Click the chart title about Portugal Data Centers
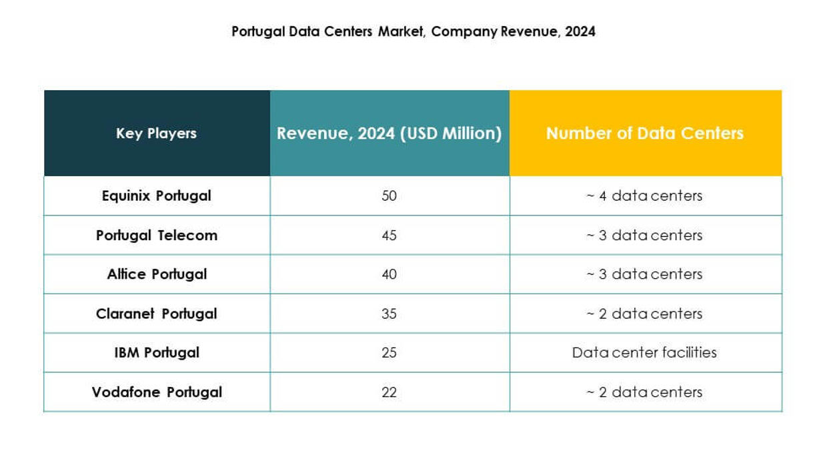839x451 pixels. click(413, 31)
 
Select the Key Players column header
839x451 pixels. click(156, 133)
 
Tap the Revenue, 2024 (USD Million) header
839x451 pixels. click(389, 133)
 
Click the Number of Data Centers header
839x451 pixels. click(645, 133)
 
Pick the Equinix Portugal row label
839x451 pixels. click(156, 196)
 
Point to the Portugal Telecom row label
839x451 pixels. click(156, 236)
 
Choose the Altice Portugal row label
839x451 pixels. click(156, 274)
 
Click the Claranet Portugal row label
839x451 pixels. click(156, 314)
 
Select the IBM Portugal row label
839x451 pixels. click(156, 352)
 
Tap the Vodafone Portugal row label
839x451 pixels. click(156, 392)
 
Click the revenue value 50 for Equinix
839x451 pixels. click(389, 196)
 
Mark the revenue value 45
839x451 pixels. click(389, 236)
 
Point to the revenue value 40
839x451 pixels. click(389, 274)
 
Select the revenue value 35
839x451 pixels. click(389, 314)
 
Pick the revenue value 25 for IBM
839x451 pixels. click(389, 352)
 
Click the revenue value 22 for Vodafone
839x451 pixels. click(389, 392)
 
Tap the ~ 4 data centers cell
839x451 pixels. click(644, 196)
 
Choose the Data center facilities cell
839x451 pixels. click(644, 352)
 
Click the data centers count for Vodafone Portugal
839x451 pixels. click(644, 392)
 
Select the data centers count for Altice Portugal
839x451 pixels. click(644, 274)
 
